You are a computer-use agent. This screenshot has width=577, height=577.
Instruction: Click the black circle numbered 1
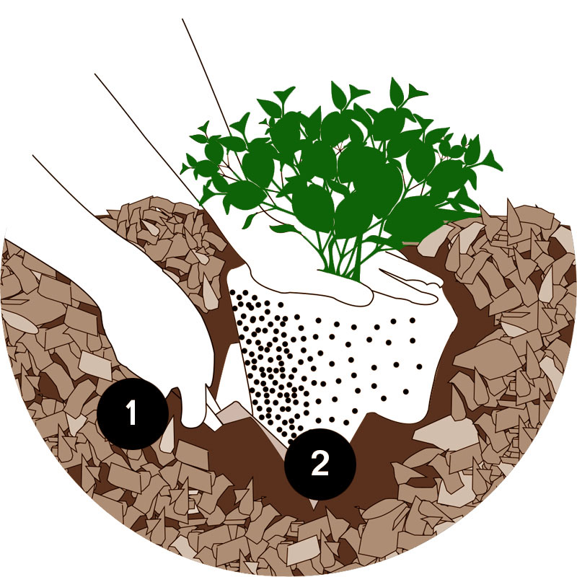click(x=133, y=413)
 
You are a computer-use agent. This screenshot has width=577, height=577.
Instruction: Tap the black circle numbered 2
click(x=320, y=464)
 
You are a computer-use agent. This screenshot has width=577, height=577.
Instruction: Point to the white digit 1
click(x=131, y=413)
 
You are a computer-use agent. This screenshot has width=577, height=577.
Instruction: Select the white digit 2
click(x=320, y=464)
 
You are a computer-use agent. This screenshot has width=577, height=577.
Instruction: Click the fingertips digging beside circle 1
click(x=195, y=408)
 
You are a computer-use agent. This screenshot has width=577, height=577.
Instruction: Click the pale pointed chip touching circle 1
click(x=167, y=434)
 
